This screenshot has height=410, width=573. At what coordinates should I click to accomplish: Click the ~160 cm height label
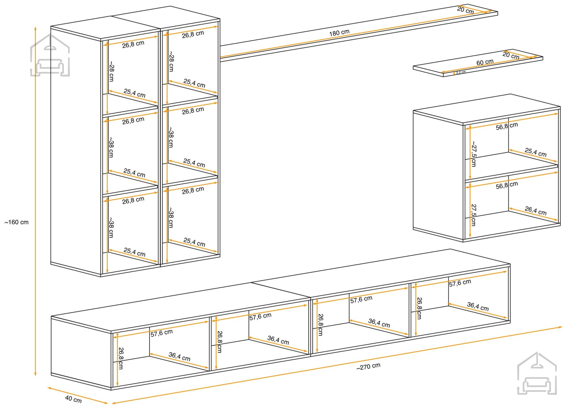17,222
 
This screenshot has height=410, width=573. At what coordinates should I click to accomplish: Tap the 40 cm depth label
73,399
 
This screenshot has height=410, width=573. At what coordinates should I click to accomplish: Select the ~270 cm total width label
368,366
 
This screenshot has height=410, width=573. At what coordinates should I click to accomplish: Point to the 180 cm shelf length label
339,32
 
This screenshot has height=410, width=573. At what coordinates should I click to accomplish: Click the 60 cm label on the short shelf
485,62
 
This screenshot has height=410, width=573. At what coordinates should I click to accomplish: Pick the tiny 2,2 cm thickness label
461,72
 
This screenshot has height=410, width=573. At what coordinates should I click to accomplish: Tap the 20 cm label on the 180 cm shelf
465,10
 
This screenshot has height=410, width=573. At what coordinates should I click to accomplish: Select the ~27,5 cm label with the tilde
474,154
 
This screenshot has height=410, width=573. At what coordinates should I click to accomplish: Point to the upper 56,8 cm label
507,126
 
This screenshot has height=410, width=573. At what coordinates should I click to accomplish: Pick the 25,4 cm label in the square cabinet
535,152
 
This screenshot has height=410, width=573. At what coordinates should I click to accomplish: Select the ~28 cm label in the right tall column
171,61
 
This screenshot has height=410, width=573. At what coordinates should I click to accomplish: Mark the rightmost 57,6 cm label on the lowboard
460,283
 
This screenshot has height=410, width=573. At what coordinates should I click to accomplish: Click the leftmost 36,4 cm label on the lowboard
179,357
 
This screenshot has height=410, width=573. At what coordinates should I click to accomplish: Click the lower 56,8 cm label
507,185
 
